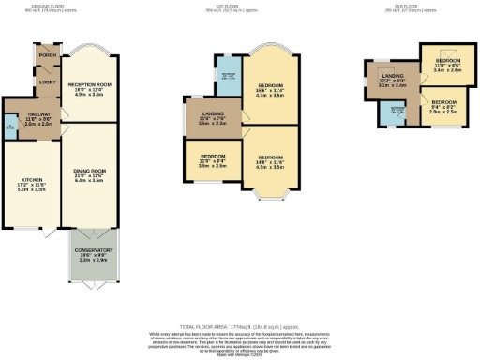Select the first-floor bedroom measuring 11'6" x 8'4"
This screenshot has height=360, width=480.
click(213, 161)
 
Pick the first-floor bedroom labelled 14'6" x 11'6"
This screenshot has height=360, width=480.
click(271, 161)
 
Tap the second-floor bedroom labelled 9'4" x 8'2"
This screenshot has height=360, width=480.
click(443, 107)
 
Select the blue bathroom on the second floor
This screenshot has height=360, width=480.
click(397, 112)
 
